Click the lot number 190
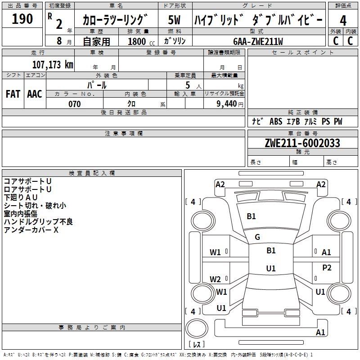click(x=22, y=18)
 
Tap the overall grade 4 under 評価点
click(x=343, y=21)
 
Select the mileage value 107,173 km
click(x=53, y=64)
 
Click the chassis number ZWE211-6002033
click(x=302, y=143)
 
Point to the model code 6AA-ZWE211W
click(x=258, y=41)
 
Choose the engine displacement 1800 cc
click(x=141, y=41)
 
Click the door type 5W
click(x=174, y=20)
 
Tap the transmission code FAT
click(x=13, y=94)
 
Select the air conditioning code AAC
click(x=35, y=94)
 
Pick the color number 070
click(x=75, y=104)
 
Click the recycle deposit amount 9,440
click(x=227, y=104)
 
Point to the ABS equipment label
click(x=276, y=121)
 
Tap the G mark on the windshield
click(x=257, y=237)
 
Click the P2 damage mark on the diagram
click(x=327, y=267)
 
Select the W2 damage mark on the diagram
click(x=215, y=279)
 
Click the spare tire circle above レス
click(x=197, y=328)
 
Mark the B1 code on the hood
click(x=251, y=216)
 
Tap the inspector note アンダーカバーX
click(x=31, y=230)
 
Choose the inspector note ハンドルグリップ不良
click(x=38, y=221)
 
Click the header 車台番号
click(x=303, y=133)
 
